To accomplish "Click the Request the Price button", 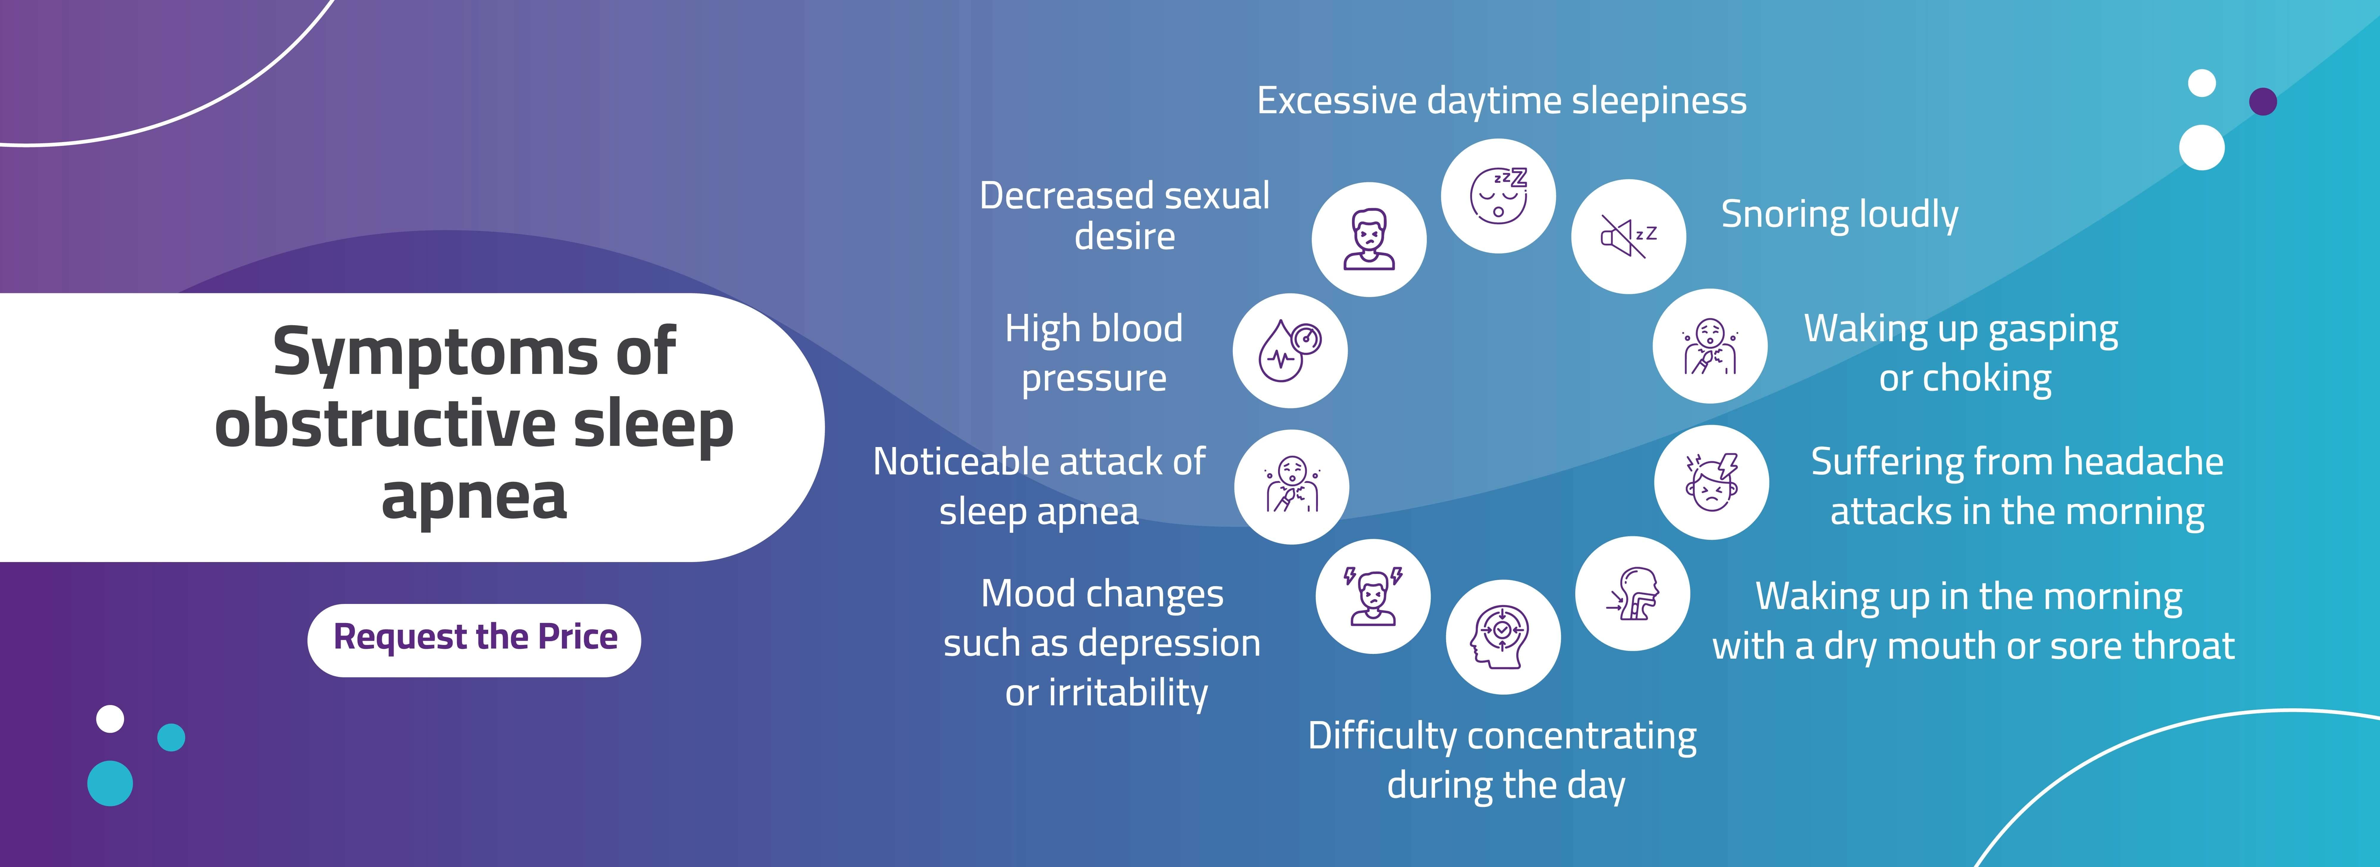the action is (474, 640).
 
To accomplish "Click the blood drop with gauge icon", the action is (1290, 351).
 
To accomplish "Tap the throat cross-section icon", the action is (1633, 594).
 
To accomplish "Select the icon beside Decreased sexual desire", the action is (1369, 239).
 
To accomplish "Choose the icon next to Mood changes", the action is (1373, 597).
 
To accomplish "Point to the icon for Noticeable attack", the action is (1292, 487).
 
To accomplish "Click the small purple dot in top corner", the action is (2263, 102).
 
